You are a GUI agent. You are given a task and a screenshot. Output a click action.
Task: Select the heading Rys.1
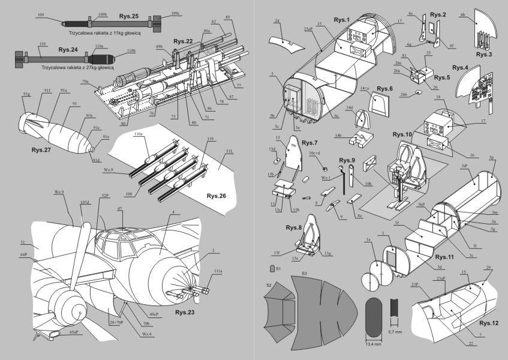point(342,20)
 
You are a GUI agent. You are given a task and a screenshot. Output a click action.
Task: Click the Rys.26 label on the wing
point(217,196)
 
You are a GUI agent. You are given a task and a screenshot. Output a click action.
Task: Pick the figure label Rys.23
point(187,312)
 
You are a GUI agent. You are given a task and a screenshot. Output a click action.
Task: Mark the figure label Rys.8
point(294,227)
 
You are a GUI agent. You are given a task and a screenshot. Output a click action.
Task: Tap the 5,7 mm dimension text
point(395,331)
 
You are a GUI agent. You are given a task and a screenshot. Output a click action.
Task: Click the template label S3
point(305,274)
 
